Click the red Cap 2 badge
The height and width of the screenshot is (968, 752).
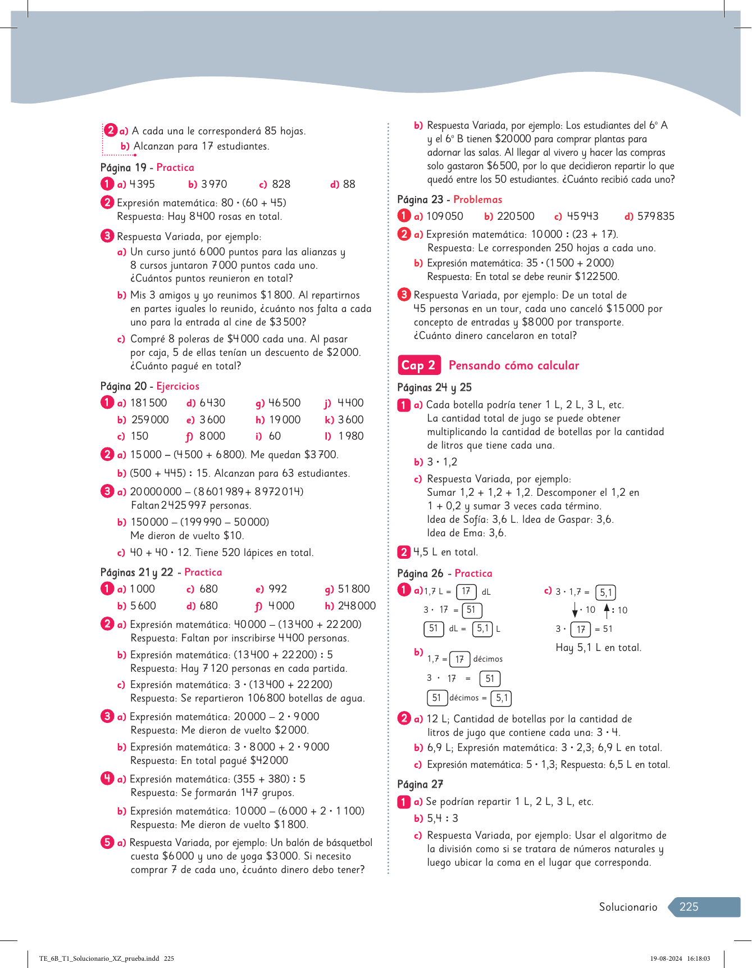tap(418, 365)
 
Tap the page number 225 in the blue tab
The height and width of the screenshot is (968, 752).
tap(689, 907)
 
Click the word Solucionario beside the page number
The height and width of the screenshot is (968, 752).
tap(628, 907)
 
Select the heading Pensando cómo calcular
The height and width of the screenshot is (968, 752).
tap(513, 365)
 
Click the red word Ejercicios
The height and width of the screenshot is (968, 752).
tap(177, 386)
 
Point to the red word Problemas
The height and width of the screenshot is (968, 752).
tap(477, 200)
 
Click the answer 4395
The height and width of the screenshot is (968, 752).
tap(142, 184)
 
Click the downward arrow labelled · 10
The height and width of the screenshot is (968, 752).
tap(575, 610)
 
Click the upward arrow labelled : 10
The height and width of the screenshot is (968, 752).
tap(607, 609)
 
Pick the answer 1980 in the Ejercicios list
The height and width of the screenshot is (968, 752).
tap(351, 436)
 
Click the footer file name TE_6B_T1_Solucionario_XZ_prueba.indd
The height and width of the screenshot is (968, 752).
tap(99, 958)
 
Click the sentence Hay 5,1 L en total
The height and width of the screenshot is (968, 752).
tap(598, 648)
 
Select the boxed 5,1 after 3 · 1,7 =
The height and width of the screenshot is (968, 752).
tap(605, 592)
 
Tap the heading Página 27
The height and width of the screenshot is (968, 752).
tap(420, 784)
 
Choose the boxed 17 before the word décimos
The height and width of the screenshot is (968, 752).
tap(459, 659)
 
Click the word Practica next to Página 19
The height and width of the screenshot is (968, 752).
tap(175, 168)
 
